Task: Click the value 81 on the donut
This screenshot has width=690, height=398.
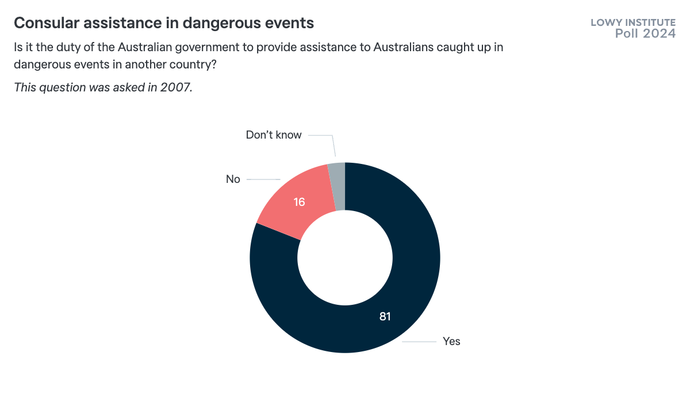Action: pos(385,316)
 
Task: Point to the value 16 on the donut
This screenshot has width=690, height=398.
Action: pos(299,202)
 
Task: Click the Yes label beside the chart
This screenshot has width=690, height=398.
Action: pos(451,341)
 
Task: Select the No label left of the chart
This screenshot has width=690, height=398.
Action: pos(233,179)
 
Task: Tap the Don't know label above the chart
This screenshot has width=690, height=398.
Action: pos(274,135)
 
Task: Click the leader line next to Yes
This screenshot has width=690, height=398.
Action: pos(419,342)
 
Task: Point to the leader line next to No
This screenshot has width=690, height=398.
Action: pos(263,179)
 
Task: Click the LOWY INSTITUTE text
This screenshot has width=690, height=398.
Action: pos(633,22)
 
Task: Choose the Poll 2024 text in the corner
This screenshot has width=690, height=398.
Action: pos(645,34)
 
